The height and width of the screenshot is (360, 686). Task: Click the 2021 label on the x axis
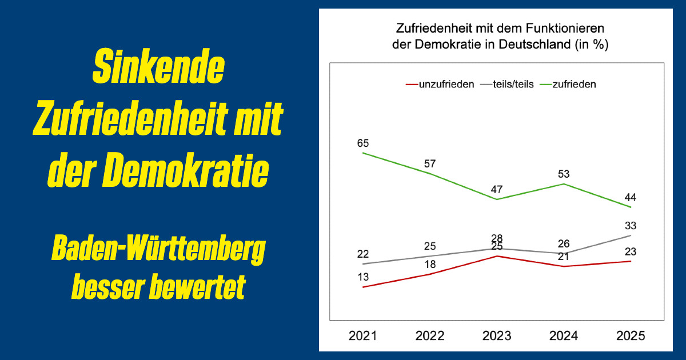click(x=363, y=336)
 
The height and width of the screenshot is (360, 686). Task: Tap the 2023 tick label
click(x=497, y=336)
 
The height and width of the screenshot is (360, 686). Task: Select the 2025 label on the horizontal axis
click(x=631, y=336)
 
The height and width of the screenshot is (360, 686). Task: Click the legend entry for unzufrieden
click(x=440, y=84)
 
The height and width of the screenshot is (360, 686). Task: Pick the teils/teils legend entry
click(x=508, y=84)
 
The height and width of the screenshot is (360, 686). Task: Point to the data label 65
click(x=363, y=143)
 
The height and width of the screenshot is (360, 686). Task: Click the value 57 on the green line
click(x=430, y=164)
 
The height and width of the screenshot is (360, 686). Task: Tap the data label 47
click(x=497, y=190)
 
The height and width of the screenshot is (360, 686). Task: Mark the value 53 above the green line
click(x=564, y=174)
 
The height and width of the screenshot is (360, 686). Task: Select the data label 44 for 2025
click(x=631, y=198)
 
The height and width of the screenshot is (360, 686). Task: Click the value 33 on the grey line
click(x=631, y=226)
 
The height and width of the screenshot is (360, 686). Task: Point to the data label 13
click(x=363, y=277)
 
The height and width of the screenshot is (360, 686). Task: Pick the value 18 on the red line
click(x=430, y=265)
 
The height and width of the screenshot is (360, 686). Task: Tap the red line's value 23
click(x=631, y=251)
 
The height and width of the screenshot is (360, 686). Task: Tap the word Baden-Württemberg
click(x=158, y=252)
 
